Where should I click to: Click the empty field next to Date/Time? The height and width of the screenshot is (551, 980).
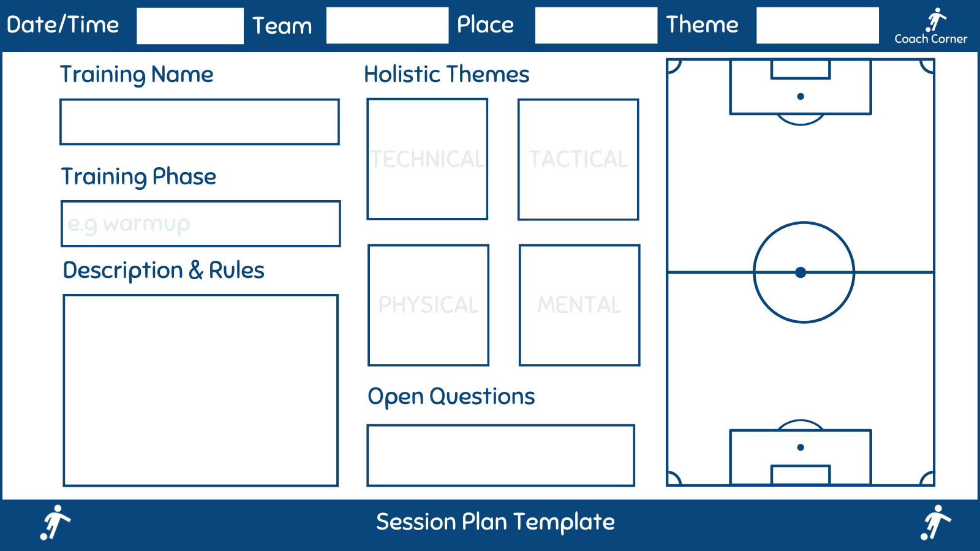(x=190, y=26)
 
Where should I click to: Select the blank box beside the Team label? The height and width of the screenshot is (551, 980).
(x=387, y=26)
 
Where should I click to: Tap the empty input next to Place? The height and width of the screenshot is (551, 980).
(x=596, y=26)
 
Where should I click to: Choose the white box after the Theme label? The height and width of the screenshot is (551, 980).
(x=817, y=26)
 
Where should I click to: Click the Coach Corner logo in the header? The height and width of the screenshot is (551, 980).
(x=931, y=26)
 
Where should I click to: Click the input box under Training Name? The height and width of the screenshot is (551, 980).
(x=200, y=122)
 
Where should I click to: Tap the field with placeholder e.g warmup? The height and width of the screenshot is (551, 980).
(x=201, y=223)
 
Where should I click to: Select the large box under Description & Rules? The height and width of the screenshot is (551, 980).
(x=201, y=390)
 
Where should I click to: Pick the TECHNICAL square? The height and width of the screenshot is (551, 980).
(x=428, y=159)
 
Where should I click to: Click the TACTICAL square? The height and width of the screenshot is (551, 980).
(x=578, y=159)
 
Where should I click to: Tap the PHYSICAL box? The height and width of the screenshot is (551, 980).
(x=429, y=305)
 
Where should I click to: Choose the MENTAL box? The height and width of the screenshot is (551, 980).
(x=579, y=305)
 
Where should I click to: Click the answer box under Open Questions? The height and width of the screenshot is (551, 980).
(x=500, y=455)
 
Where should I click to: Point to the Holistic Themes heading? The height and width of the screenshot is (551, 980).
(x=447, y=74)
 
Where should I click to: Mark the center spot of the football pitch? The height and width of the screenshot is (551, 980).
(x=801, y=272)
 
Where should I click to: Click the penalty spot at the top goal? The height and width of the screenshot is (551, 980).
(x=801, y=96)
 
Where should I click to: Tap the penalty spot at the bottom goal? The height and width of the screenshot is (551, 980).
(x=801, y=448)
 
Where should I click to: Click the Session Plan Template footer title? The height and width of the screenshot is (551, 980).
(x=495, y=522)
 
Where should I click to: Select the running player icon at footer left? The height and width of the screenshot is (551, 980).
(x=55, y=522)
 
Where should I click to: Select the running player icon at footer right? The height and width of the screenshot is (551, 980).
(x=935, y=522)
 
